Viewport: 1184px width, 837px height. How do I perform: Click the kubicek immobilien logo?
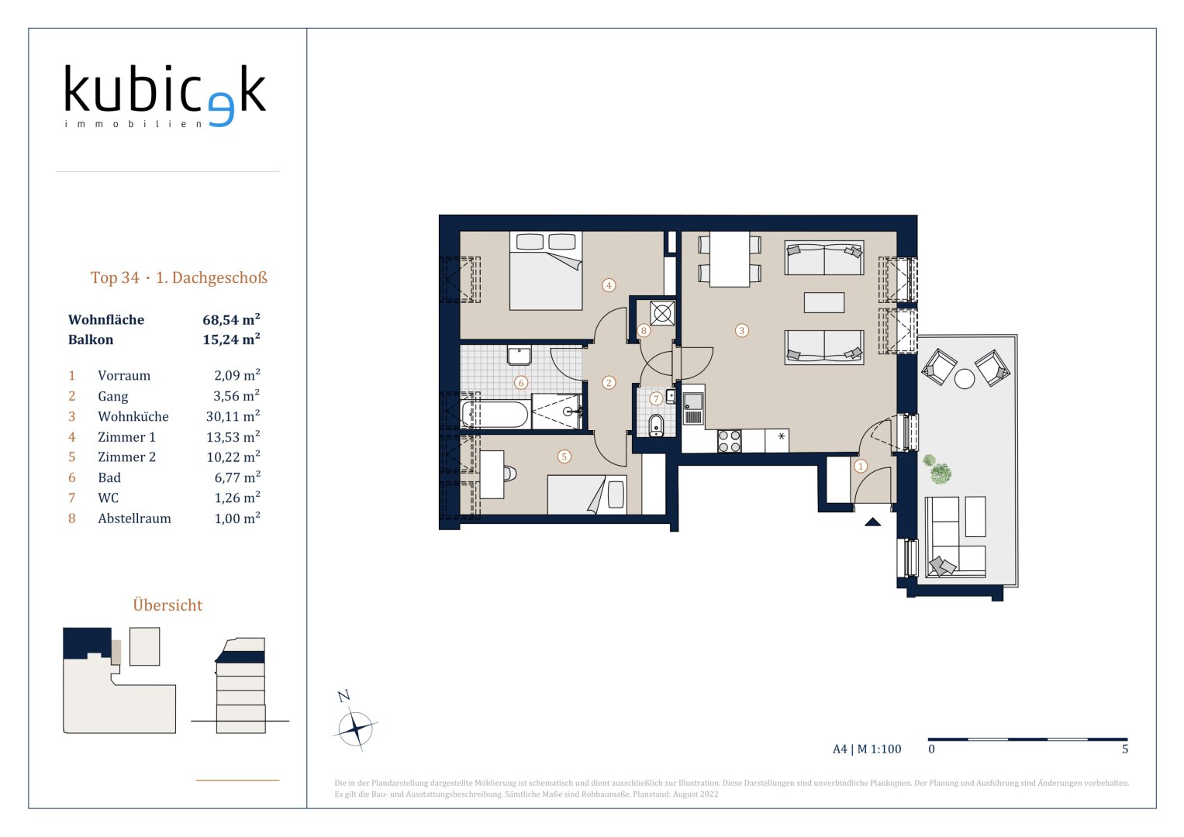pos(165,95)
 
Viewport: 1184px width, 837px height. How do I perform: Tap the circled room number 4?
pos(609,286)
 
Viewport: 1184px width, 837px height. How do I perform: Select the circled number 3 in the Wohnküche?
pos(741,331)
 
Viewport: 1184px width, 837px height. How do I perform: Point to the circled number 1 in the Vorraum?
pos(861,466)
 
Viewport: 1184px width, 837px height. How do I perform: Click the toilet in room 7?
pos(656,425)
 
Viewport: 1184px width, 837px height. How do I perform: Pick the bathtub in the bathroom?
pos(495,415)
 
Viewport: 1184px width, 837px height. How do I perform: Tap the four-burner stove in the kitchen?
pos(730,441)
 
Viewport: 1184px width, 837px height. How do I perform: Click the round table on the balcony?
pos(965,379)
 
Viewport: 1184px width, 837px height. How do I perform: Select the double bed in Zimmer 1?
pos(546,271)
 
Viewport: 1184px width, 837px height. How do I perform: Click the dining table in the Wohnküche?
pos(730,259)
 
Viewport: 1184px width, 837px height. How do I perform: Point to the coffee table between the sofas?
pos(824,303)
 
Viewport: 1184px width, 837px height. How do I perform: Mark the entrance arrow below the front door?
pos(872,522)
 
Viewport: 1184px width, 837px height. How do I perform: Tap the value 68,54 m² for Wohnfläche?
pos(231,319)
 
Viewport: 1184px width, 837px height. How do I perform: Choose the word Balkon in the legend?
pos(91,339)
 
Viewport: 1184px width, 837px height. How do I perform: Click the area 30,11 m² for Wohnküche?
pos(233,416)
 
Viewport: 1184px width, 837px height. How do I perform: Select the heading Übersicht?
pos(167,605)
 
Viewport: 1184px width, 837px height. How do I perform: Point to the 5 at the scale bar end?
pos(1125,749)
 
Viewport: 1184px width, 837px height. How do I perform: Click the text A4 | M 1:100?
pos(867,749)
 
